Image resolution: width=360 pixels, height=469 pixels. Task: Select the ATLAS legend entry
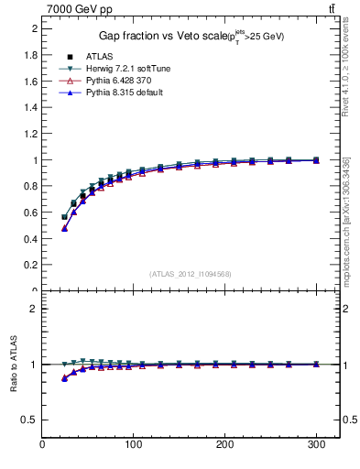99,57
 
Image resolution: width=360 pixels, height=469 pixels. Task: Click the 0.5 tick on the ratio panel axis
31,420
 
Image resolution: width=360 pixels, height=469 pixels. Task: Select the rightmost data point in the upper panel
316,159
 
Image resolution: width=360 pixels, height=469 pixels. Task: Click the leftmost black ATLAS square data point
64,217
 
